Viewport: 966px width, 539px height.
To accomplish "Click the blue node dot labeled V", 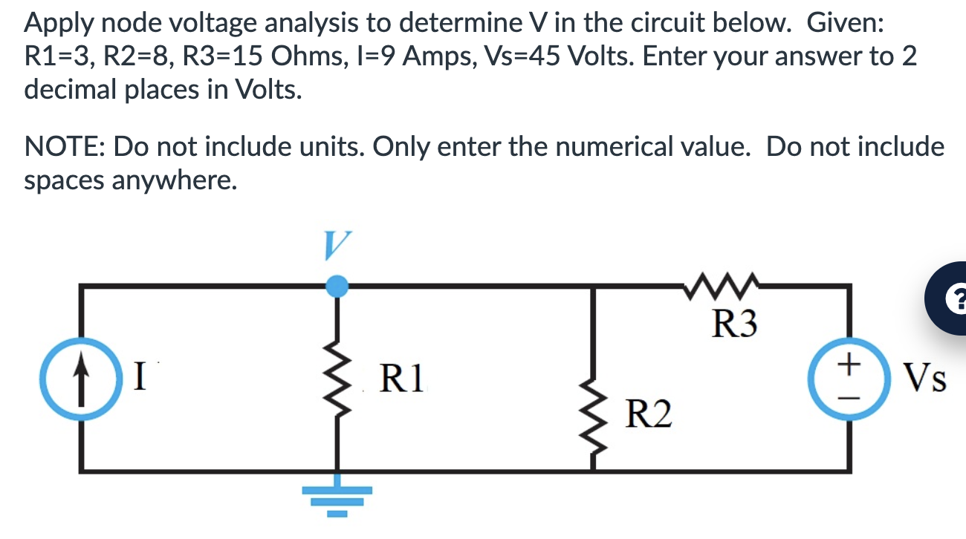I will pyautogui.click(x=338, y=285).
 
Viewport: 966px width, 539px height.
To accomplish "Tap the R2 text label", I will pyautogui.click(x=649, y=414).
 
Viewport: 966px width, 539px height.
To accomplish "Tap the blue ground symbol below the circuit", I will pyautogui.click(x=338, y=498).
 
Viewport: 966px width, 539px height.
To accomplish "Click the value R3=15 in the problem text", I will pyautogui.click(x=242, y=57).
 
